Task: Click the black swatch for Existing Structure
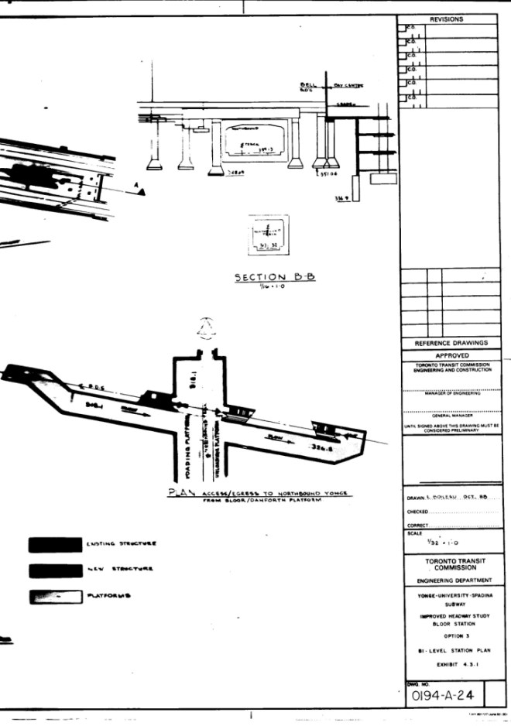[x=54, y=544]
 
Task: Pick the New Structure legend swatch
[x=54, y=571]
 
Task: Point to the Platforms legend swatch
[x=54, y=597]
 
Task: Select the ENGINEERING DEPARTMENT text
[x=453, y=580]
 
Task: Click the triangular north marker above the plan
[x=206, y=324]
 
